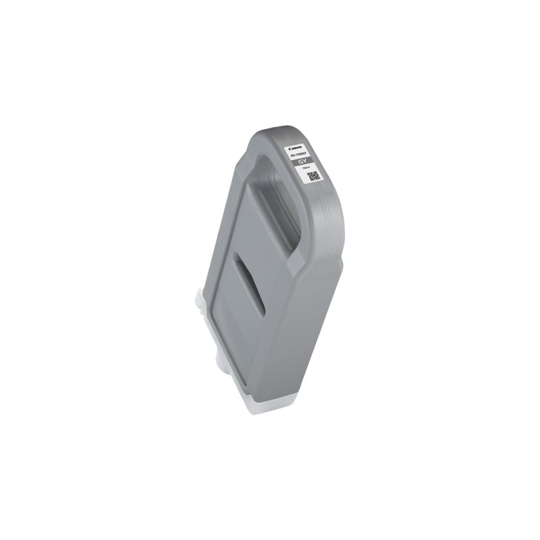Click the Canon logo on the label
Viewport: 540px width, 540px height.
296,148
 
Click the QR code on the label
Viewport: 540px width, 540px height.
313,176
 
